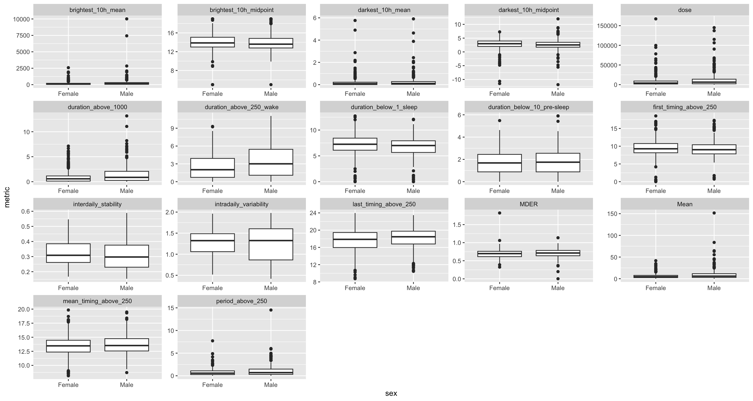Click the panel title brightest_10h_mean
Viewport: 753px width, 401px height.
97,10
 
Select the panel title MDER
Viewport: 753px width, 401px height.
528,204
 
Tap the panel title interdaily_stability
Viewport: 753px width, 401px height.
97,204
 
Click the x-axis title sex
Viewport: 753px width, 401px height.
391,393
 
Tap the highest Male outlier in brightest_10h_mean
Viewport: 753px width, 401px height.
127,19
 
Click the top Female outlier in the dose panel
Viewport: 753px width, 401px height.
656,19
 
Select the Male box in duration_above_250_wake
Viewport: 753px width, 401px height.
271,162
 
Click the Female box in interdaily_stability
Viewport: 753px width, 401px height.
68,253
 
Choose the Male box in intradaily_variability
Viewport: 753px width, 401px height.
271,244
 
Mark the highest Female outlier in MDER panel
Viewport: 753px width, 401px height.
500,213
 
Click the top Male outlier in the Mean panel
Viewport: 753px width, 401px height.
714,213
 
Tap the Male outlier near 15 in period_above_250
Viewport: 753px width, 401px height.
271,310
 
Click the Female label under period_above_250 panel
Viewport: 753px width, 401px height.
212,385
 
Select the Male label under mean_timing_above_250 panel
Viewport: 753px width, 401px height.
127,385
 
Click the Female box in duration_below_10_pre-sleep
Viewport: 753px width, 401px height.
500,163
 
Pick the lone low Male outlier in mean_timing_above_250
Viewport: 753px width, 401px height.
127,372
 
